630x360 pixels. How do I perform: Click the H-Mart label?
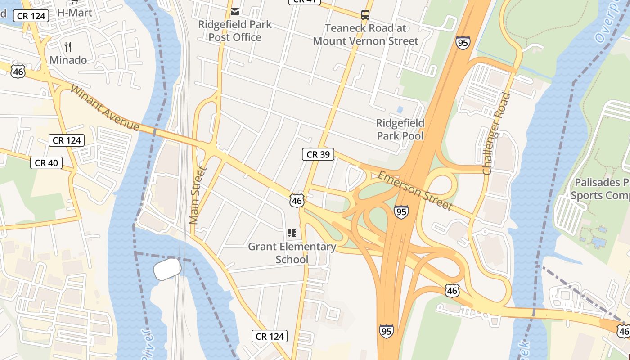tap(75, 13)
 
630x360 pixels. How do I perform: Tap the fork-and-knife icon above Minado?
tap(68, 46)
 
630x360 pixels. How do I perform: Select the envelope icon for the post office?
tap(235, 11)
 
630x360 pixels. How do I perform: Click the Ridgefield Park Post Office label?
tap(235, 31)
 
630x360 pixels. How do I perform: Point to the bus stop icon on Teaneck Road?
tap(365, 15)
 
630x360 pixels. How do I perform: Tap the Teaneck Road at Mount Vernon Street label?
tap(365, 35)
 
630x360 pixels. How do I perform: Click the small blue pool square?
tap(400, 109)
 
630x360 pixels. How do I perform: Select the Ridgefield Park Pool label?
tap(400, 129)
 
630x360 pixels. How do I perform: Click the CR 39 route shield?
tap(318, 154)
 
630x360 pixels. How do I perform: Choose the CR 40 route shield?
tap(46, 163)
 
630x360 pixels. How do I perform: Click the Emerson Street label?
tap(415, 190)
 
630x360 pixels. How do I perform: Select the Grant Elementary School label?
tap(292, 253)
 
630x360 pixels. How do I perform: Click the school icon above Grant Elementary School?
tap(292, 233)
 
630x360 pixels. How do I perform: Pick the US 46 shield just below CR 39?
tap(297, 200)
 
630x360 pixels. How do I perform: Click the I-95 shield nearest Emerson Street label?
tap(401, 211)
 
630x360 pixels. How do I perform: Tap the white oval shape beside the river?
tap(167, 269)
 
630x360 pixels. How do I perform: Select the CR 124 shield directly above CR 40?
tap(67, 140)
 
